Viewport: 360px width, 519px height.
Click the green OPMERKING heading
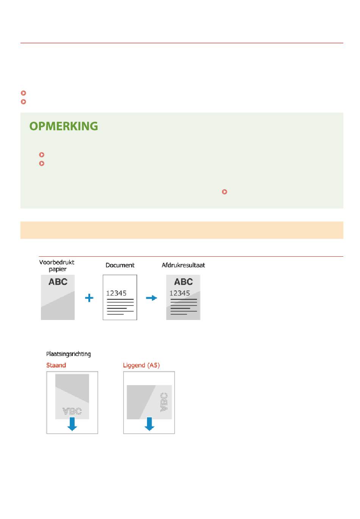point(64,126)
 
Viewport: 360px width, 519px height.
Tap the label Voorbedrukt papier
point(57,266)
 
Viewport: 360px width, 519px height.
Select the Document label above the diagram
point(120,265)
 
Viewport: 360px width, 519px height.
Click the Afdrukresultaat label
point(183,265)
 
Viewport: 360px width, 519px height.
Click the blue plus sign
point(89,298)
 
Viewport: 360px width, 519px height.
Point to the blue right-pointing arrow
point(152,298)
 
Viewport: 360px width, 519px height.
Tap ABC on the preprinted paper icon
point(58,282)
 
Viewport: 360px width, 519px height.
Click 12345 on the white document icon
point(116,293)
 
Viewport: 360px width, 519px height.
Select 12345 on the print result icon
point(180,293)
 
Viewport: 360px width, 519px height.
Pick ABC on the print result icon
point(183,282)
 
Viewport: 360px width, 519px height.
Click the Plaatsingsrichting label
point(69,354)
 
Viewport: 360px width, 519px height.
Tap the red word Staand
point(56,365)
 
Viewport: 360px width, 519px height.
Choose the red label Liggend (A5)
point(141,365)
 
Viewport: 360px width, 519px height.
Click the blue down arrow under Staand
point(72,424)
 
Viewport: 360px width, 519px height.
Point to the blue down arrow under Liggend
point(149,424)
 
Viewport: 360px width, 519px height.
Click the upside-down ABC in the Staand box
point(72,411)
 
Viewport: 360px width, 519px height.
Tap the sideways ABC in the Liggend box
point(164,402)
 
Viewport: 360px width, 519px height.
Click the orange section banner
point(182,230)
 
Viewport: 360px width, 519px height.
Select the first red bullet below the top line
point(23,93)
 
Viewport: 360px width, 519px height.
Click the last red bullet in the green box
point(224,192)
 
